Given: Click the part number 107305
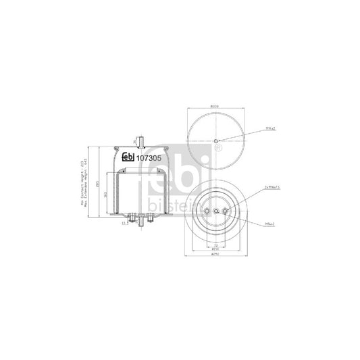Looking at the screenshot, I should (x=149, y=159).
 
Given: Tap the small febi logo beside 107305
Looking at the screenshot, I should (x=128, y=159).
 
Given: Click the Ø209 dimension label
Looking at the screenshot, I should (x=215, y=106).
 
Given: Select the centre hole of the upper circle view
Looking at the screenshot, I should (x=215, y=140).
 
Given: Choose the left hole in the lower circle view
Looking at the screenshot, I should (x=205, y=211).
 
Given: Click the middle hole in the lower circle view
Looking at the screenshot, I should (x=215, y=211).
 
